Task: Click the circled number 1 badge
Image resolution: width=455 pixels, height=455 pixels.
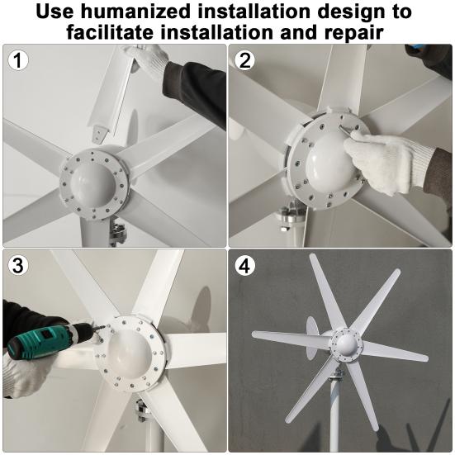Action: click(x=17, y=59)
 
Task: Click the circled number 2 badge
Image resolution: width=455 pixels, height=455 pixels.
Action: click(x=244, y=59)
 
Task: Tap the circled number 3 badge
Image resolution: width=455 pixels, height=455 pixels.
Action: click(x=17, y=265)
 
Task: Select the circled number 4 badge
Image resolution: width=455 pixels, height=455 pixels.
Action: click(x=244, y=265)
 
